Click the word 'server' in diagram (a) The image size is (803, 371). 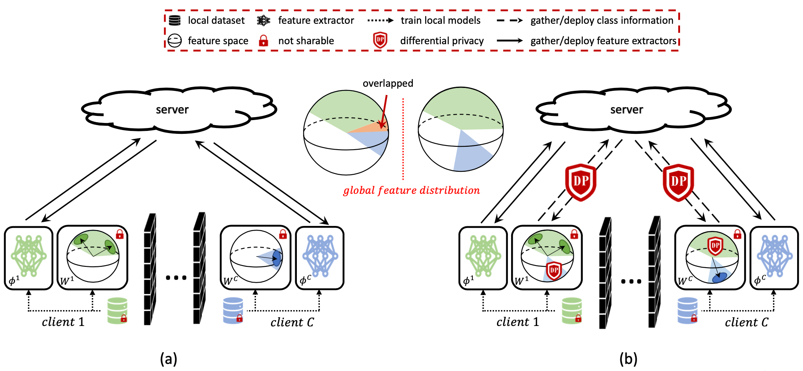pyautogui.click(x=172, y=110)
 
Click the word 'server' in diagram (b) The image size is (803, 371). pyautogui.click(x=627, y=110)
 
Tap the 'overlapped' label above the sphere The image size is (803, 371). pyautogui.click(x=388, y=83)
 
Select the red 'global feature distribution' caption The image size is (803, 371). pyautogui.click(x=412, y=191)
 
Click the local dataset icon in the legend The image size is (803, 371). pyautogui.click(x=175, y=20)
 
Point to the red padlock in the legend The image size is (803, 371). pyautogui.click(x=263, y=40)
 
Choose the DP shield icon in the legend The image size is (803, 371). pyautogui.click(x=380, y=40)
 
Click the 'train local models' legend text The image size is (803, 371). pyautogui.click(x=441, y=20)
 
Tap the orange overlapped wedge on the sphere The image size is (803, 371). pyautogui.click(x=372, y=127)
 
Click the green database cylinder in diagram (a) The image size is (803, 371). pyautogui.click(x=117, y=311)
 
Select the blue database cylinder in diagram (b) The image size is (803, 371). pyautogui.click(x=688, y=311)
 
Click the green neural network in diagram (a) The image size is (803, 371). pyautogui.click(x=29, y=256)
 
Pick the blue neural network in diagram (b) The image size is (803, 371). pyautogui.click(x=775, y=256)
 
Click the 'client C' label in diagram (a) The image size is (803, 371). pyautogui.click(x=292, y=322)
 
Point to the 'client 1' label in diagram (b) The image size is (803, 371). pyautogui.click(x=517, y=322)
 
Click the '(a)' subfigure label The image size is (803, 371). pyautogui.click(x=168, y=359)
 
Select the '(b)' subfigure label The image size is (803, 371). pyautogui.click(x=628, y=359)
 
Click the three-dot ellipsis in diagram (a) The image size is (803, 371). pyautogui.click(x=176, y=278)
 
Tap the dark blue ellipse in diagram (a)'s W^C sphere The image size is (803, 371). pyautogui.click(x=276, y=258)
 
